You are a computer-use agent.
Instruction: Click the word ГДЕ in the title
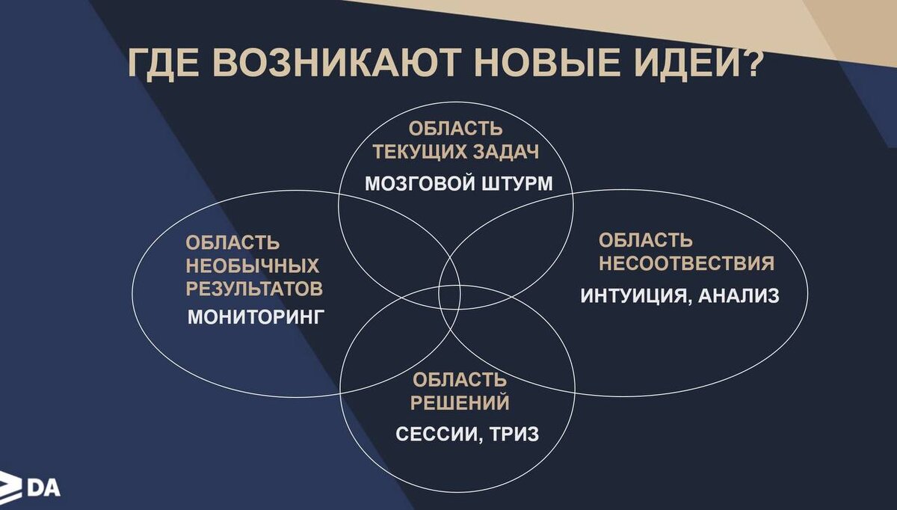click(x=165, y=64)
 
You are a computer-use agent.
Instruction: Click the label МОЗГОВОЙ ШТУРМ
click(x=458, y=183)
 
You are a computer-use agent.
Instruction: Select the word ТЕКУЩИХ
click(x=419, y=152)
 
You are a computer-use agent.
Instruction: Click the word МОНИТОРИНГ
click(x=256, y=316)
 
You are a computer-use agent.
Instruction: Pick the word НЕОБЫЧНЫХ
click(x=253, y=265)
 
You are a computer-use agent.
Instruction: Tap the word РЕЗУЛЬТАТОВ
click(x=255, y=289)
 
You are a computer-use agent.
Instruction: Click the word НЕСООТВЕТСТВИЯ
click(x=686, y=264)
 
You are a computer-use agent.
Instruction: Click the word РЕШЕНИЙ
click(x=460, y=403)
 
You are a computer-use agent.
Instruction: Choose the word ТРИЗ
click(x=514, y=434)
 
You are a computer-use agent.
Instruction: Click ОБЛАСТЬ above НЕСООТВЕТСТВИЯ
click(x=646, y=241)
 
